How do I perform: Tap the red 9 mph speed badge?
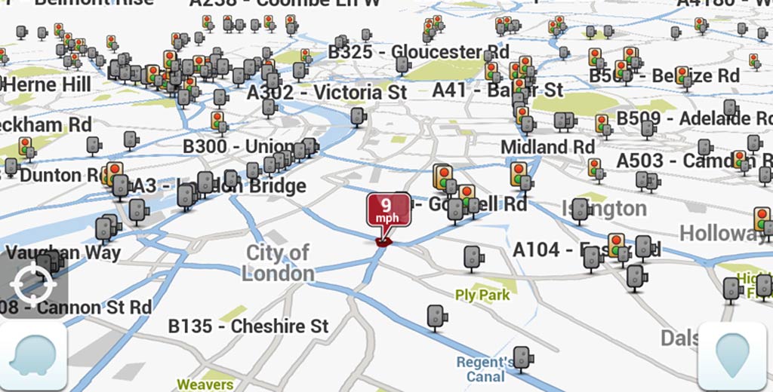click(389, 210)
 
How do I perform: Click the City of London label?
click(278, 262)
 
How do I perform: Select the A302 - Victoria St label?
click(327, 93)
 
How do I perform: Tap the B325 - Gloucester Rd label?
click(418, 52)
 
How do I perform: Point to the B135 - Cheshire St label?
click(248, 326)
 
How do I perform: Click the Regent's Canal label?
click(485, 369)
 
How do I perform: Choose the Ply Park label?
click(482, 295)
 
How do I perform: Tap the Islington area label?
click(604, 208)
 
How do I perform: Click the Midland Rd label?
click(548, 146)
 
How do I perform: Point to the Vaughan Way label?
click(63, 253)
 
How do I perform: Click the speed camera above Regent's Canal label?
click(522, 358)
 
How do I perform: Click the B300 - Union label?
click(239, 146)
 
